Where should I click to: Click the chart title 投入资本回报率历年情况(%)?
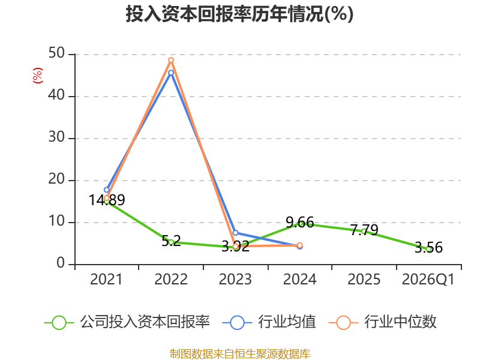point(239,14)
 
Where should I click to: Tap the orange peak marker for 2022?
point(171,60)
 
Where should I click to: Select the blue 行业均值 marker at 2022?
point(171,73)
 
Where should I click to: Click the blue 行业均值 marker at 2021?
point(107,190)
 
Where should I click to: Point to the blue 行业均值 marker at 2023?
point(235,233)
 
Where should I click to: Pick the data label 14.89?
point(107,200)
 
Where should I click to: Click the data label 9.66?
point(299,222)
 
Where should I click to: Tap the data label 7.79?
point(364,230)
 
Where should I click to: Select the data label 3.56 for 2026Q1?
point(428,247)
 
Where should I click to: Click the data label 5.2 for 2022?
point(171,241)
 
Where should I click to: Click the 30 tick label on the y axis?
point(56,137)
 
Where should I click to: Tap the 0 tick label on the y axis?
point(61,263)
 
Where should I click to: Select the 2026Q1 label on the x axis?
point(428,280)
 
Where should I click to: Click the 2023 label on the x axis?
point(235,280)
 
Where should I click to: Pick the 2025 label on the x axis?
point(364,280)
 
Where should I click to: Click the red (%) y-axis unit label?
point(38,76)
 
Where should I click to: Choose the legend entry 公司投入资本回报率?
point(127,322)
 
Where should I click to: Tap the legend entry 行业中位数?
point(382,322)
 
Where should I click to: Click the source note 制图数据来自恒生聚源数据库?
point(240,354)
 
